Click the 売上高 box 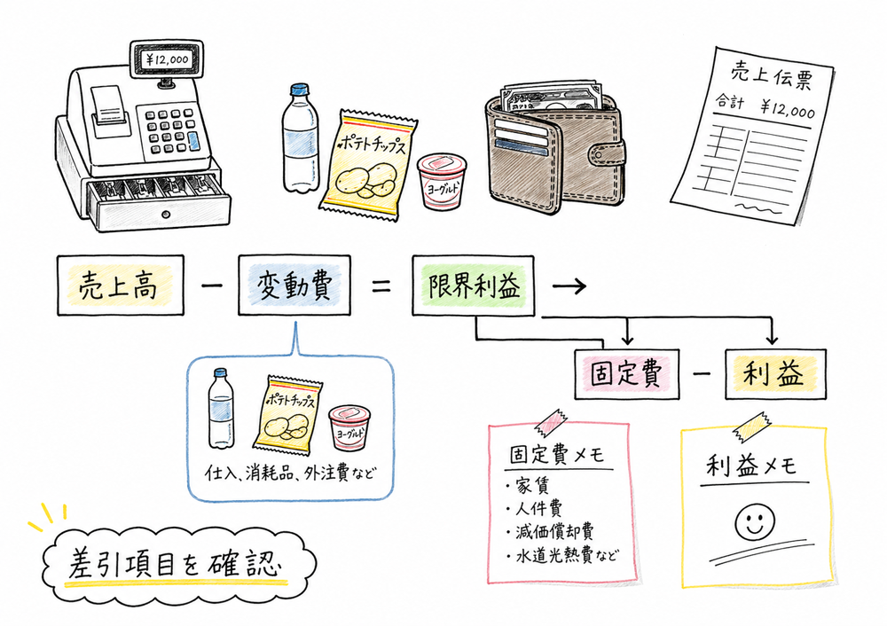(120, 286)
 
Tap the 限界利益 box (475, 286)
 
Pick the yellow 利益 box (775, 374)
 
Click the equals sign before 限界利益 (381, 286)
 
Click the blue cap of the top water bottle (299, 90)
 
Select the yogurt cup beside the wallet (441, 182)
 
